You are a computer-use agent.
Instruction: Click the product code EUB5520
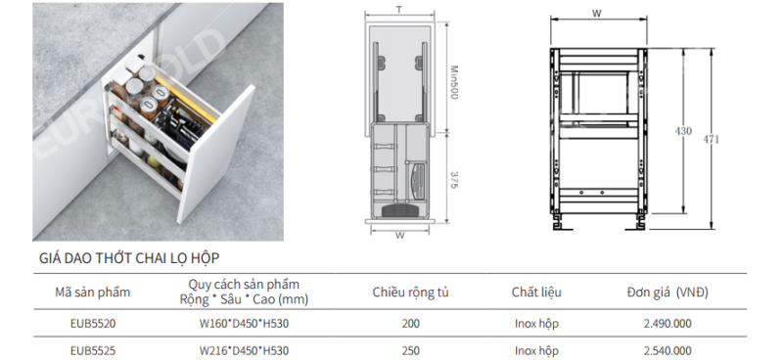click(93, 324)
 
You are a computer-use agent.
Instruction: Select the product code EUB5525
click(93, 351)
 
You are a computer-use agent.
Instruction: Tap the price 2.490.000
click(668, 324)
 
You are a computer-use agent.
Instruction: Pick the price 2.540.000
click(668, 351)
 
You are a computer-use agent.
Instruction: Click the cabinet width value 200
click(410, 324)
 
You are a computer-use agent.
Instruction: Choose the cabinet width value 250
click(410, 351)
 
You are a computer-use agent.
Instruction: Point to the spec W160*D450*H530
click(244, 324)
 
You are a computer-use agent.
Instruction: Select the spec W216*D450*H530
click(244, 351)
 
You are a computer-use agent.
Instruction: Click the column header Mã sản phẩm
click(92, 292)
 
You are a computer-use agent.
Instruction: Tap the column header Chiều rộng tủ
click(410, 292)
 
